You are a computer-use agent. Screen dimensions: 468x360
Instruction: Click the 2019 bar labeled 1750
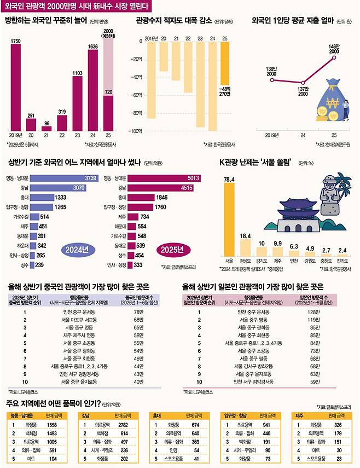(15, 88)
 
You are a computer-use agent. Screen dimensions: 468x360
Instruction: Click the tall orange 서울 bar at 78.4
(229, 219)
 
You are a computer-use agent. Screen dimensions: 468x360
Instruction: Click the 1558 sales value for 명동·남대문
(52, 424)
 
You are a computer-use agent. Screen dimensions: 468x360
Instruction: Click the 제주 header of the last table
(301, 415)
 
